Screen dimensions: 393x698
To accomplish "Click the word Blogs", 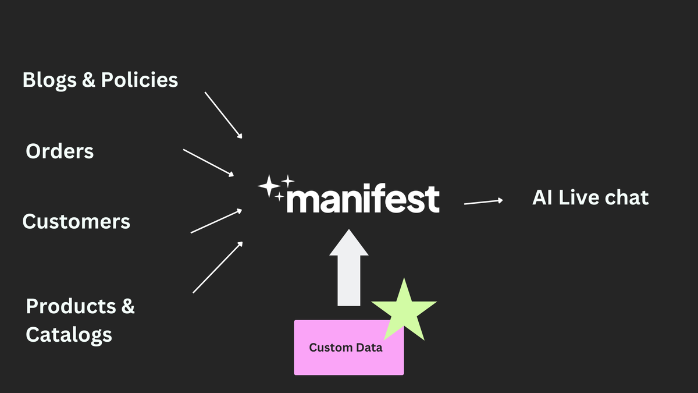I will pyautogui.click(x=49, y=80).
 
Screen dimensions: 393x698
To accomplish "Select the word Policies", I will pyautogui.click(x=140, y=80).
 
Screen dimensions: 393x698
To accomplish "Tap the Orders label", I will pyautogui.click(x=59, y=151).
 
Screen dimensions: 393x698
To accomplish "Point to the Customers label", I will pyautogui.click(x=76, y=222).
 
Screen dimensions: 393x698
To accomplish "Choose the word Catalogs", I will pyautogui.click(x=69, y=335).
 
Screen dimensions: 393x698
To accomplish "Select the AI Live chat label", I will pyautogui.click(x=590, y=198).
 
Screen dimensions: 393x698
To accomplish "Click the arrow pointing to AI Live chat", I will pyautogui.click(x=483, y=201).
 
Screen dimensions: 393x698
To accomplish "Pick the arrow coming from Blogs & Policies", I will pyautogui.click(x=223, y=115).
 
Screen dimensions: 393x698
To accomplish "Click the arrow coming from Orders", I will pyautogui.click(x=208, y=162).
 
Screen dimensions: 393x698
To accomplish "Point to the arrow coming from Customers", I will pyautogui.click(x=216, y=221).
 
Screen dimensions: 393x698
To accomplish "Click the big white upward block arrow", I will pyautogui.click(x=349, y=268).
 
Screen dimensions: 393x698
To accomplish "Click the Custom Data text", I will pyautogui.click(x=346, y=348).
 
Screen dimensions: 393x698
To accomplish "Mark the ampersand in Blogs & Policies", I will pyautogui.click(x=88, y=80).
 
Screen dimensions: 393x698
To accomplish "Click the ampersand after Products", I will pyautogui.click(x=128, y=306).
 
